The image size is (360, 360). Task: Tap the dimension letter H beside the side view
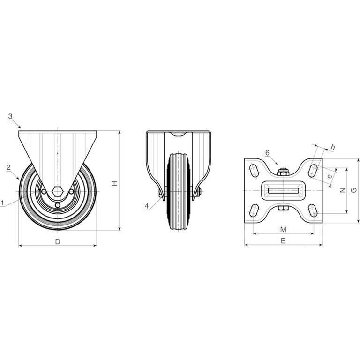114,183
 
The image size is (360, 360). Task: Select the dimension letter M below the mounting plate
284,229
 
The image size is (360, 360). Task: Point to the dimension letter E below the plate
283,240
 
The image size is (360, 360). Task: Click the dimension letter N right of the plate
343,190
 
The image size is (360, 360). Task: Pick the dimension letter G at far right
354,190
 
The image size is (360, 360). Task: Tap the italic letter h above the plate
333,147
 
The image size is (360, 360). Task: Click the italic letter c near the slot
330,176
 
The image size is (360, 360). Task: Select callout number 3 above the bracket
10,116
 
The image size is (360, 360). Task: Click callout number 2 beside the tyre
8,167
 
